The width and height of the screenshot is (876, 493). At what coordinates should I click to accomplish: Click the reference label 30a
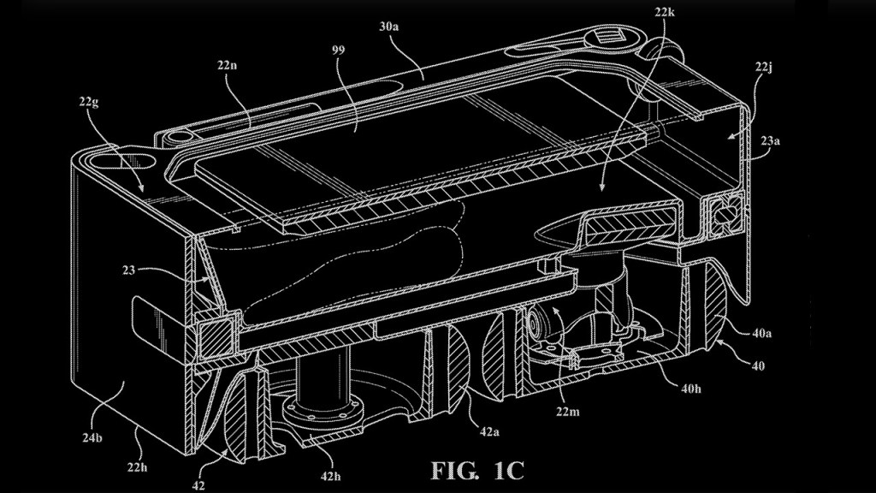coord(388,27)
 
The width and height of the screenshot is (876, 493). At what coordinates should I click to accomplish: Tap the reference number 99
coord(339,50)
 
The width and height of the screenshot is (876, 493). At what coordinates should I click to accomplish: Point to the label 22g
coord(89,104)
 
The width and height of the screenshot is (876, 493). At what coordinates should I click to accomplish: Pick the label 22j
coord(763,68)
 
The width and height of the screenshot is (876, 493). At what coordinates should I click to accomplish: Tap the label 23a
coord(769,141)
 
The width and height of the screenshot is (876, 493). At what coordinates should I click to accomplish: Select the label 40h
coord(690,388)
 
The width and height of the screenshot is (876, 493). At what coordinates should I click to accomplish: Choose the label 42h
coord(329,476)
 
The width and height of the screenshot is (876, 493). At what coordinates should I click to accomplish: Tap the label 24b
coord(92,438)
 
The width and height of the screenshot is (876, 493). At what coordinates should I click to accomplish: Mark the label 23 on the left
coord(130,270)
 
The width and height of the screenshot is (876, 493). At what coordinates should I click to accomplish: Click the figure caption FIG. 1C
coord(477,471)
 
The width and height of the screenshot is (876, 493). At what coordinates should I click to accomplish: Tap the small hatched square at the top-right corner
coord(611,39)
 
